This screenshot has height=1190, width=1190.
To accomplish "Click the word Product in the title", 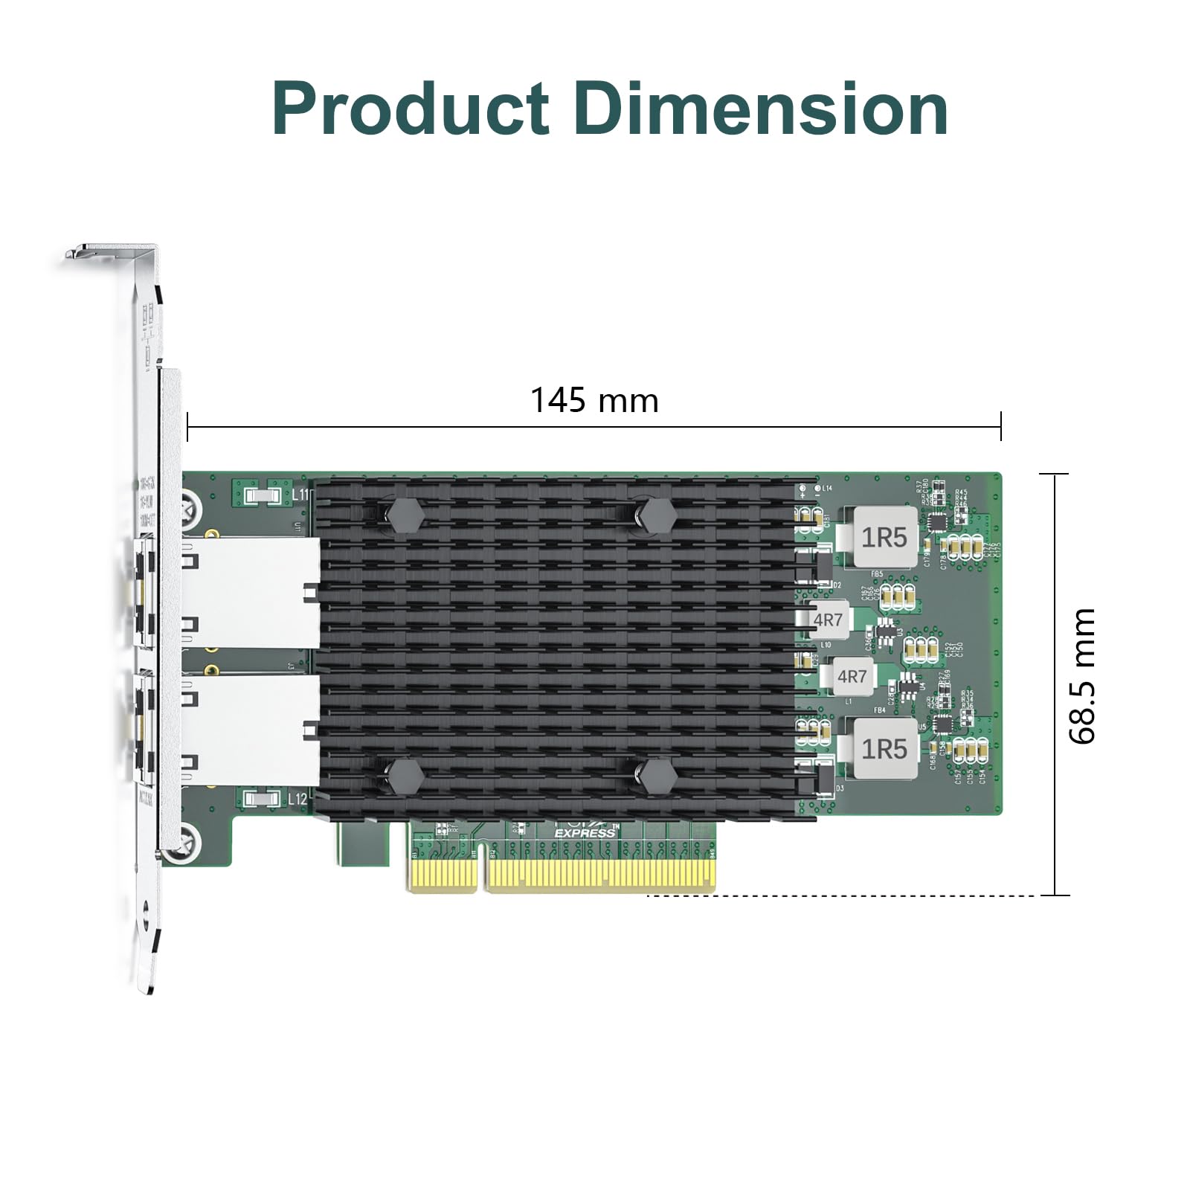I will pyautogui.click(x=411, y=109).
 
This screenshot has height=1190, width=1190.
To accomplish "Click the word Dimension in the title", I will pyautogui.click(x=759, y=109).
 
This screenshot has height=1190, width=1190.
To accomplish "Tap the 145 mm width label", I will pyautogui.click(x=594, y=400).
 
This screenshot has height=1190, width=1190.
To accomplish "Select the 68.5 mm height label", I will pyautogui.click(x=1082, y=675).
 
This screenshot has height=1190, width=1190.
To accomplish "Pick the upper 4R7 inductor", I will pyautogui.click(x=827, y=620).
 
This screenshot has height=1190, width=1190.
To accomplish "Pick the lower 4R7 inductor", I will pyautogui.click(x=852, y=676).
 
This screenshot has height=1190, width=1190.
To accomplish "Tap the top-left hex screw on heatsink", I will pyautogui.click(x=405, y=515).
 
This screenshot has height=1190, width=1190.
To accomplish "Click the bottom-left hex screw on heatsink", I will pyautogui.click(x=405, y=776).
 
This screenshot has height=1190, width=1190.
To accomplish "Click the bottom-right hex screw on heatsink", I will pyautogui.click(x=657, y=776).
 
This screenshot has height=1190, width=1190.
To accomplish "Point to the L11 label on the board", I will pyautogui.click(x=299, y=494).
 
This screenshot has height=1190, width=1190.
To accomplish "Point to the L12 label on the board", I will pyautogui.click(x=296, y=800).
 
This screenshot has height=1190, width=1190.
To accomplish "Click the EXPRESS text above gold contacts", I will pyautogui.click(x=585, y=833).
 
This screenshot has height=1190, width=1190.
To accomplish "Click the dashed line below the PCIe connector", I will pyautogui.click(x=840, y=895).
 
